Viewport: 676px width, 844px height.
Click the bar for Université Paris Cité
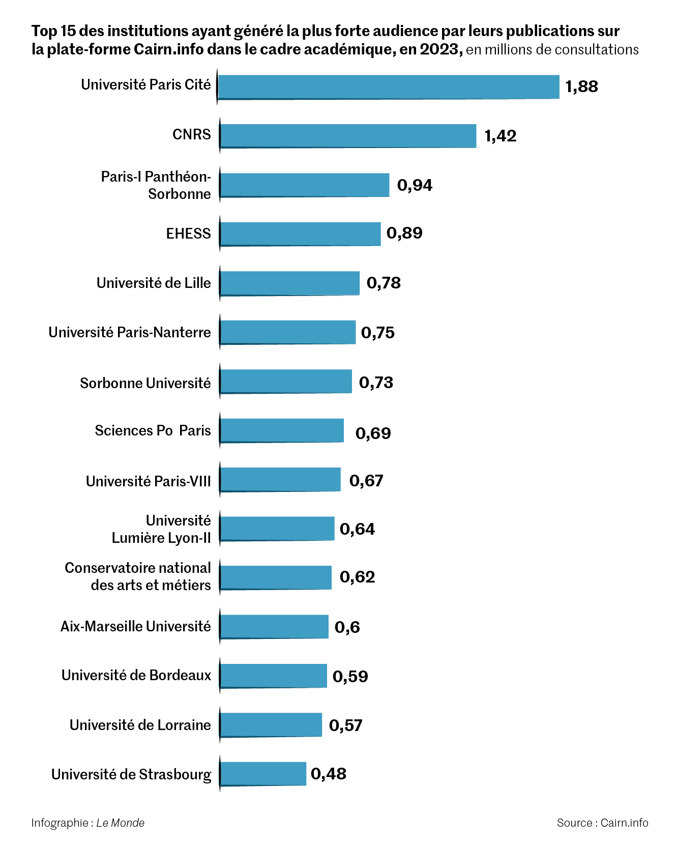click(x=389, y=87)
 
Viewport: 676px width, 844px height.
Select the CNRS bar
click(x=348, y=136)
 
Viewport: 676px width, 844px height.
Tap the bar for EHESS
click(x=300, y=234)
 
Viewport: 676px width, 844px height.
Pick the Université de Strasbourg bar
click(x=263, y=773)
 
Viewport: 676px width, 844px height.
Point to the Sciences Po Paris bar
click(x=282, y=430)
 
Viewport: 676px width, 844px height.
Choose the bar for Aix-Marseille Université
click(x=274, y=626)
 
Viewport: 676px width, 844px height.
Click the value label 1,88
click(x=581, y=86)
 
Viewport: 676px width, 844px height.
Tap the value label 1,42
click(x=500, y=136)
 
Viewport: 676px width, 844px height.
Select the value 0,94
click(x=415, y=185)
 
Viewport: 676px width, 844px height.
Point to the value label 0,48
click(x=328, y=774)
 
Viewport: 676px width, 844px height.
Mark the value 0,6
click(x=347, y=627)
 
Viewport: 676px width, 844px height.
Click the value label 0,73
click(x=376, y=383)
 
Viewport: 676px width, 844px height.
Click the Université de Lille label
click(x=154, y=283)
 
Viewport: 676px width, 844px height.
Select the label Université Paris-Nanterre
click(x=130, y=332)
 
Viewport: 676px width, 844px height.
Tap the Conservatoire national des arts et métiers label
click(x=138, y=576)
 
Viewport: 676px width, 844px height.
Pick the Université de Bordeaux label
click(x=136, y=675)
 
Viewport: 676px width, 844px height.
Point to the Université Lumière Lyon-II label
click(x=161, y=529)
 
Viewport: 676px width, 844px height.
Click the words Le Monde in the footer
click(x=121, y=823)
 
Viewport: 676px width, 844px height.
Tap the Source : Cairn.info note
click(x=602, y=823)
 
